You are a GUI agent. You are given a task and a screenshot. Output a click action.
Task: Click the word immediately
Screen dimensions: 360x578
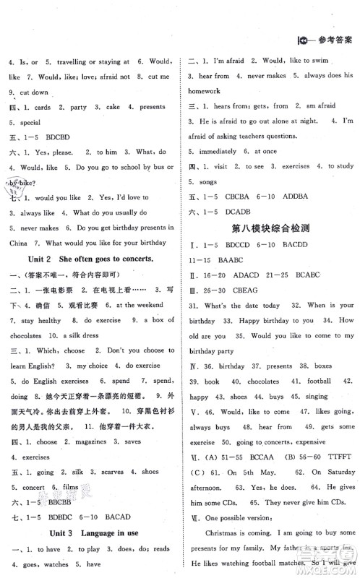pyautogui.click(x=215, y=150)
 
